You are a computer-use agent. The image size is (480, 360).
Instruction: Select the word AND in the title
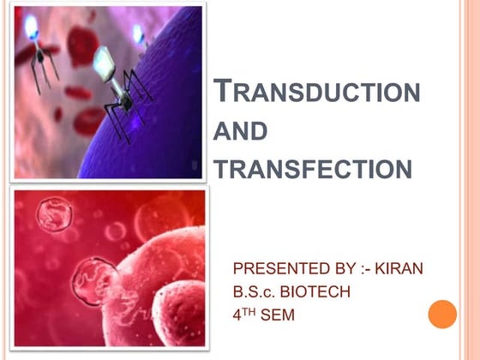[240, 132]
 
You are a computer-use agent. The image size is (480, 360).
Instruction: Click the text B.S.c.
[255, 292]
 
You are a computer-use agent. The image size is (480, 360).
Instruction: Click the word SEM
[279, 315]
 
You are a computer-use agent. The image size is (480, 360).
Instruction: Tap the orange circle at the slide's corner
[443, 314]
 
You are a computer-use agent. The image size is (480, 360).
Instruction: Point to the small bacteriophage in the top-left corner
[35, 43]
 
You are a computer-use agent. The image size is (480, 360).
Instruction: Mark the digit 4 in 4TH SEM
[238, 315]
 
